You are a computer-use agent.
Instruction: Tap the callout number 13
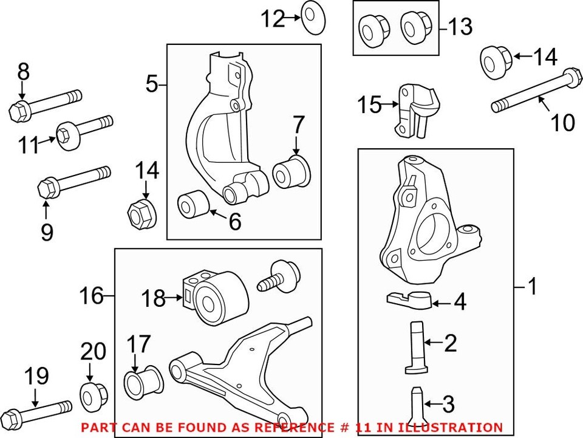click(460, 26)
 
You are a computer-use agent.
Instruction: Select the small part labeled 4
click(409, 299)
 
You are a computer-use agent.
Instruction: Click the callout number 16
click(91, 297)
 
